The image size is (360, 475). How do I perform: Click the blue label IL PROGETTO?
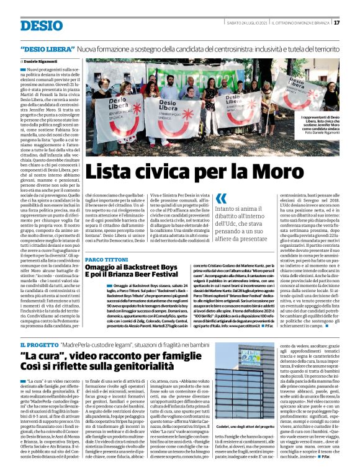[39, 344]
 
